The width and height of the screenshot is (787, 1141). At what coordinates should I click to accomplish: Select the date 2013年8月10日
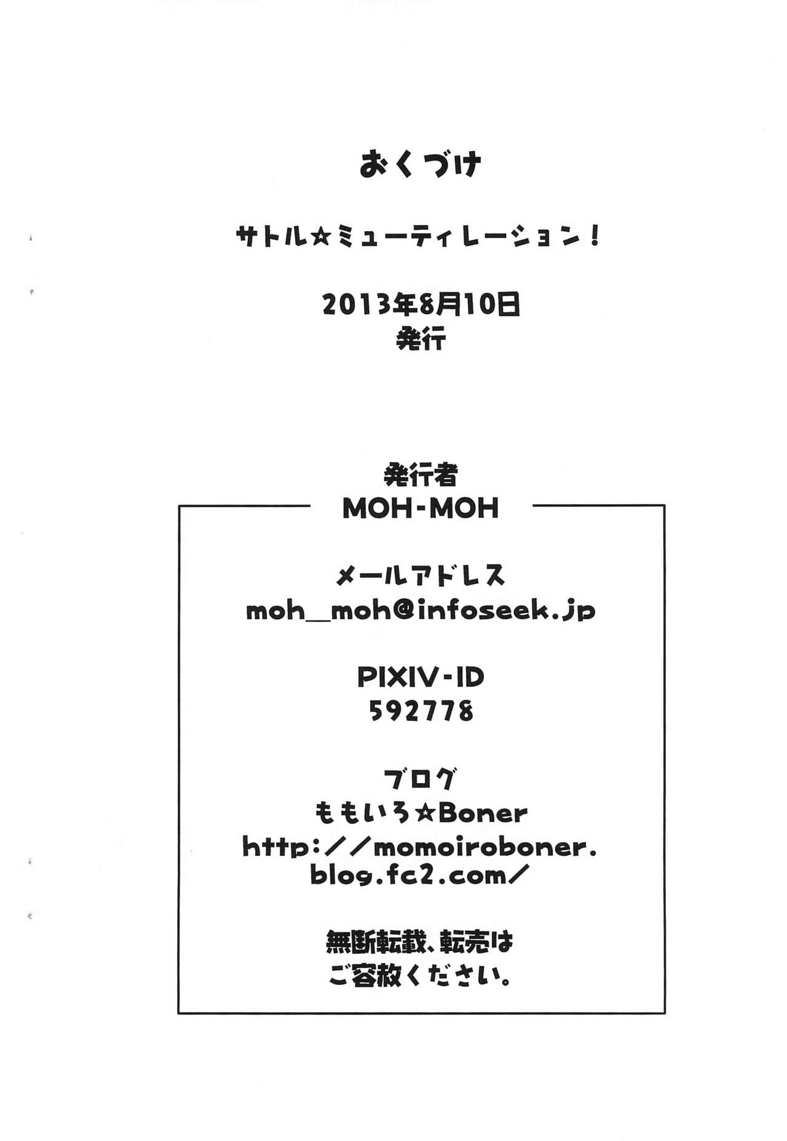tap(421, 304)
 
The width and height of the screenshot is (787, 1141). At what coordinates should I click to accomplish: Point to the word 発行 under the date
tap(421, 339)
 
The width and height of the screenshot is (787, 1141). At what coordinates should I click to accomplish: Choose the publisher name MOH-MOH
tap(421, 509)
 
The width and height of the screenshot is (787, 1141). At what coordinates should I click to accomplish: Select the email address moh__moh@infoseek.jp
tap(421, 611)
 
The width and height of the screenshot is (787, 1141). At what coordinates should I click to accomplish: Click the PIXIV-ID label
tap(421, 677)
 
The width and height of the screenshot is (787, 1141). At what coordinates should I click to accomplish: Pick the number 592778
tap(421, 711)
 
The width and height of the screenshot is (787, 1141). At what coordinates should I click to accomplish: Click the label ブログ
tap(421, 780)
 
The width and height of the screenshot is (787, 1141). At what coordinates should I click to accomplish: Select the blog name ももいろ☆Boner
tap(421, 814)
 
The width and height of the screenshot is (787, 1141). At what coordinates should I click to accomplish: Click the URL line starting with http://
tap(421, 847)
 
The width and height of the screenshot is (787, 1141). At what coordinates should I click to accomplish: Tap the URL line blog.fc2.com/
tap(421, 875)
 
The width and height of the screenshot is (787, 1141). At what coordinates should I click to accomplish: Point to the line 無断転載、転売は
tap(421, 942)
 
